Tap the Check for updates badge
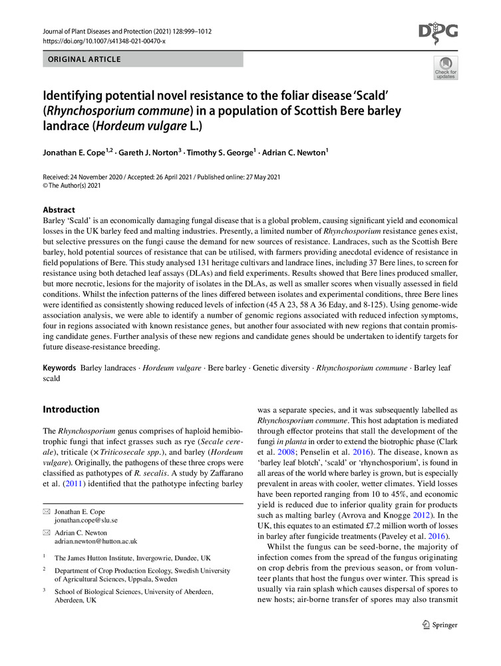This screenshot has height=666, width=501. tap(445, 67)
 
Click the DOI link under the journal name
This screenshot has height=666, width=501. tap(103, 41)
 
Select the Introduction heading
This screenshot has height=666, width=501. tap(71, 409)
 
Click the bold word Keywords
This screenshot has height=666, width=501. tap(59, 368)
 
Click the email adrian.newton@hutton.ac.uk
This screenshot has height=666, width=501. tap(96, 541)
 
